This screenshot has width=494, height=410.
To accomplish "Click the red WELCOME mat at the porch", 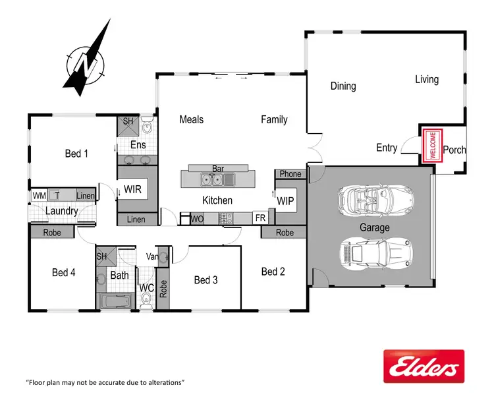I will (432, 145).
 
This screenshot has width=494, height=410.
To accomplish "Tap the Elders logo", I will (424, 366).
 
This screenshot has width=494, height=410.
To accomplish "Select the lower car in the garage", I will (373, 252).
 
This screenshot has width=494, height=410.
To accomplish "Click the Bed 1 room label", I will (76, 154).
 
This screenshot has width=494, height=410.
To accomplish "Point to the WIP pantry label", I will (285, 200).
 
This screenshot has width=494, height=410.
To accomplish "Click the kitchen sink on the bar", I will (213, 179).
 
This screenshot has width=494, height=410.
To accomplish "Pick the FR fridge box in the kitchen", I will (260, 218).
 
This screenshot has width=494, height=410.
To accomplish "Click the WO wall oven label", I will (197, 219).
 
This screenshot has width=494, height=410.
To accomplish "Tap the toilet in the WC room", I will (146, 299).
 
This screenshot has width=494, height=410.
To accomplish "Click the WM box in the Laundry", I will (38, 196).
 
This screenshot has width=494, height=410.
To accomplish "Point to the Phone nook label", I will (290, 174).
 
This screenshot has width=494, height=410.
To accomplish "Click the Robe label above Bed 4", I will (52, 233).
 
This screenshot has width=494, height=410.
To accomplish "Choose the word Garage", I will (374, 227).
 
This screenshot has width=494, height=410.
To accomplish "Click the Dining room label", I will (343, 86).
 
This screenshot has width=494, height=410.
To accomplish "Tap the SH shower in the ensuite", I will (128, 122).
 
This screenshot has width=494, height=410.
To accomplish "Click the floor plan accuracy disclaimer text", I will (105, 382).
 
